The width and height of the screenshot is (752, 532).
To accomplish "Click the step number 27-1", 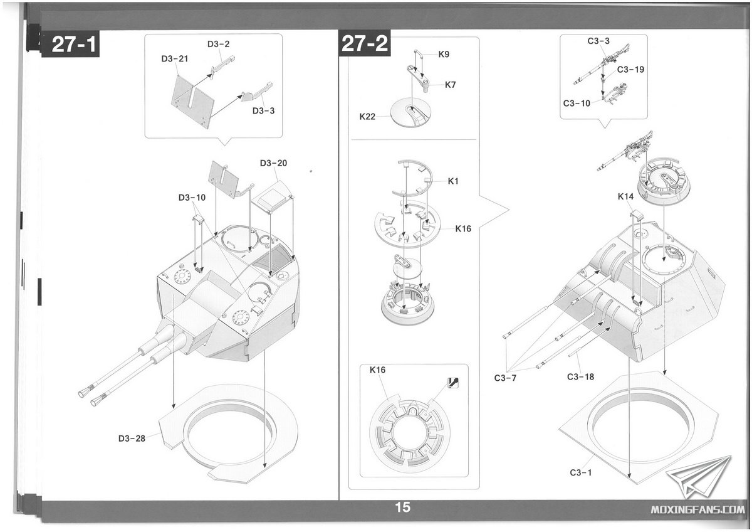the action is coord(74,44).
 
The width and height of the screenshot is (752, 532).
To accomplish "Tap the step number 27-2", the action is coord(365,43).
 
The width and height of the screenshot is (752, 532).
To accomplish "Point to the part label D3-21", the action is coord(175,59).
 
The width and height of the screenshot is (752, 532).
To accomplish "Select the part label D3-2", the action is coord(218,44).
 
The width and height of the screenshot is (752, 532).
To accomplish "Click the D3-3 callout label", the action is coord(263,110).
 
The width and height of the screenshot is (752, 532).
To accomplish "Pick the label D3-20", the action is coord(273,163).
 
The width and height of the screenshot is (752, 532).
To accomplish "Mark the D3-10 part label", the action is coord(192,197).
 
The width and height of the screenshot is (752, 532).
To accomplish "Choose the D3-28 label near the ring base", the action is coord(132,439).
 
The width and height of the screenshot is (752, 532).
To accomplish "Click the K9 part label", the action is coord(444,54).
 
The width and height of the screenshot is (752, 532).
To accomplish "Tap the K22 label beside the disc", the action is coord(367,117).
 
